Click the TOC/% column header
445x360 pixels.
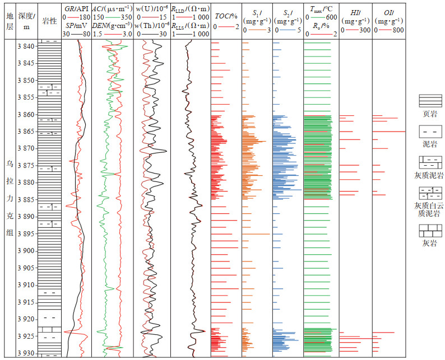coord(226,17)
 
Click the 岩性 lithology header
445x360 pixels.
coord(50,21)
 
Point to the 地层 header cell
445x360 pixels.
coord(8,21)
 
